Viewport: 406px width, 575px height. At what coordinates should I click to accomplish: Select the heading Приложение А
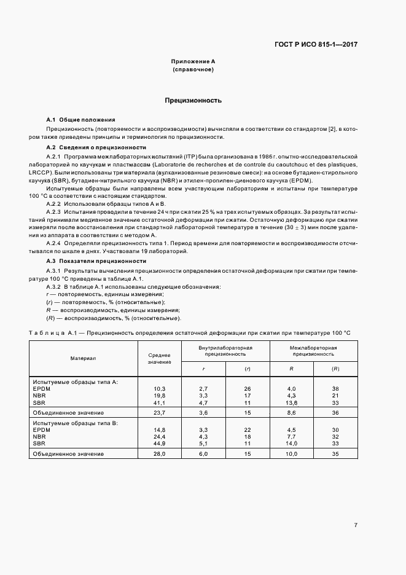click(193, 62)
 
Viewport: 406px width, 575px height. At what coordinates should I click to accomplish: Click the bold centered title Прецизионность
click(193, 100)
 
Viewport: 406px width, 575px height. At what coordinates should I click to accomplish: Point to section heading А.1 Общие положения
click(80, 119)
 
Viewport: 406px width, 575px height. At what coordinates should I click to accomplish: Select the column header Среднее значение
click(159, 358)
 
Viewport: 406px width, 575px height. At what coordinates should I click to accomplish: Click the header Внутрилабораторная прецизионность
click(225, 350)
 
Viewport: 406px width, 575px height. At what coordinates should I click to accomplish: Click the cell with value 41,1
click(160, 403)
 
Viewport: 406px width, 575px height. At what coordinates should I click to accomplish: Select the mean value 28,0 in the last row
click(160, 454)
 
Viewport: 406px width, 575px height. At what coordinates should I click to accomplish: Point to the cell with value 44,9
click(160, 444)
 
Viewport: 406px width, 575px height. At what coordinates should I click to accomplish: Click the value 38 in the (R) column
click(335, 389)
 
